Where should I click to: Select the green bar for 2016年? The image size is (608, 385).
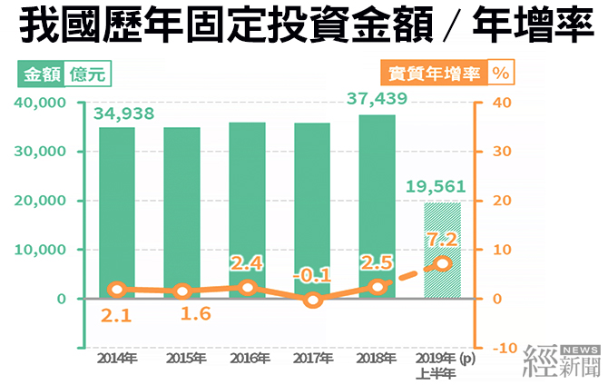(247, 210)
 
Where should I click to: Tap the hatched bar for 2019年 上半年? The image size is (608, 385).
(443, 250)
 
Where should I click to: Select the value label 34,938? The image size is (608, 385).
(123, 114)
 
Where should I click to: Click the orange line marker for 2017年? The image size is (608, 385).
(313, 299)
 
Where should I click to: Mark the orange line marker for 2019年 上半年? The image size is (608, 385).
(442, 263)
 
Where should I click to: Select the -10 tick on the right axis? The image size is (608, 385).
(505, 348)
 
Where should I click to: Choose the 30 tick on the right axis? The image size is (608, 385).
(502, 152)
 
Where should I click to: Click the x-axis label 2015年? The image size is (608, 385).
(182, 359)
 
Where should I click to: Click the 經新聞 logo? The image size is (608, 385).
(560, 360)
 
